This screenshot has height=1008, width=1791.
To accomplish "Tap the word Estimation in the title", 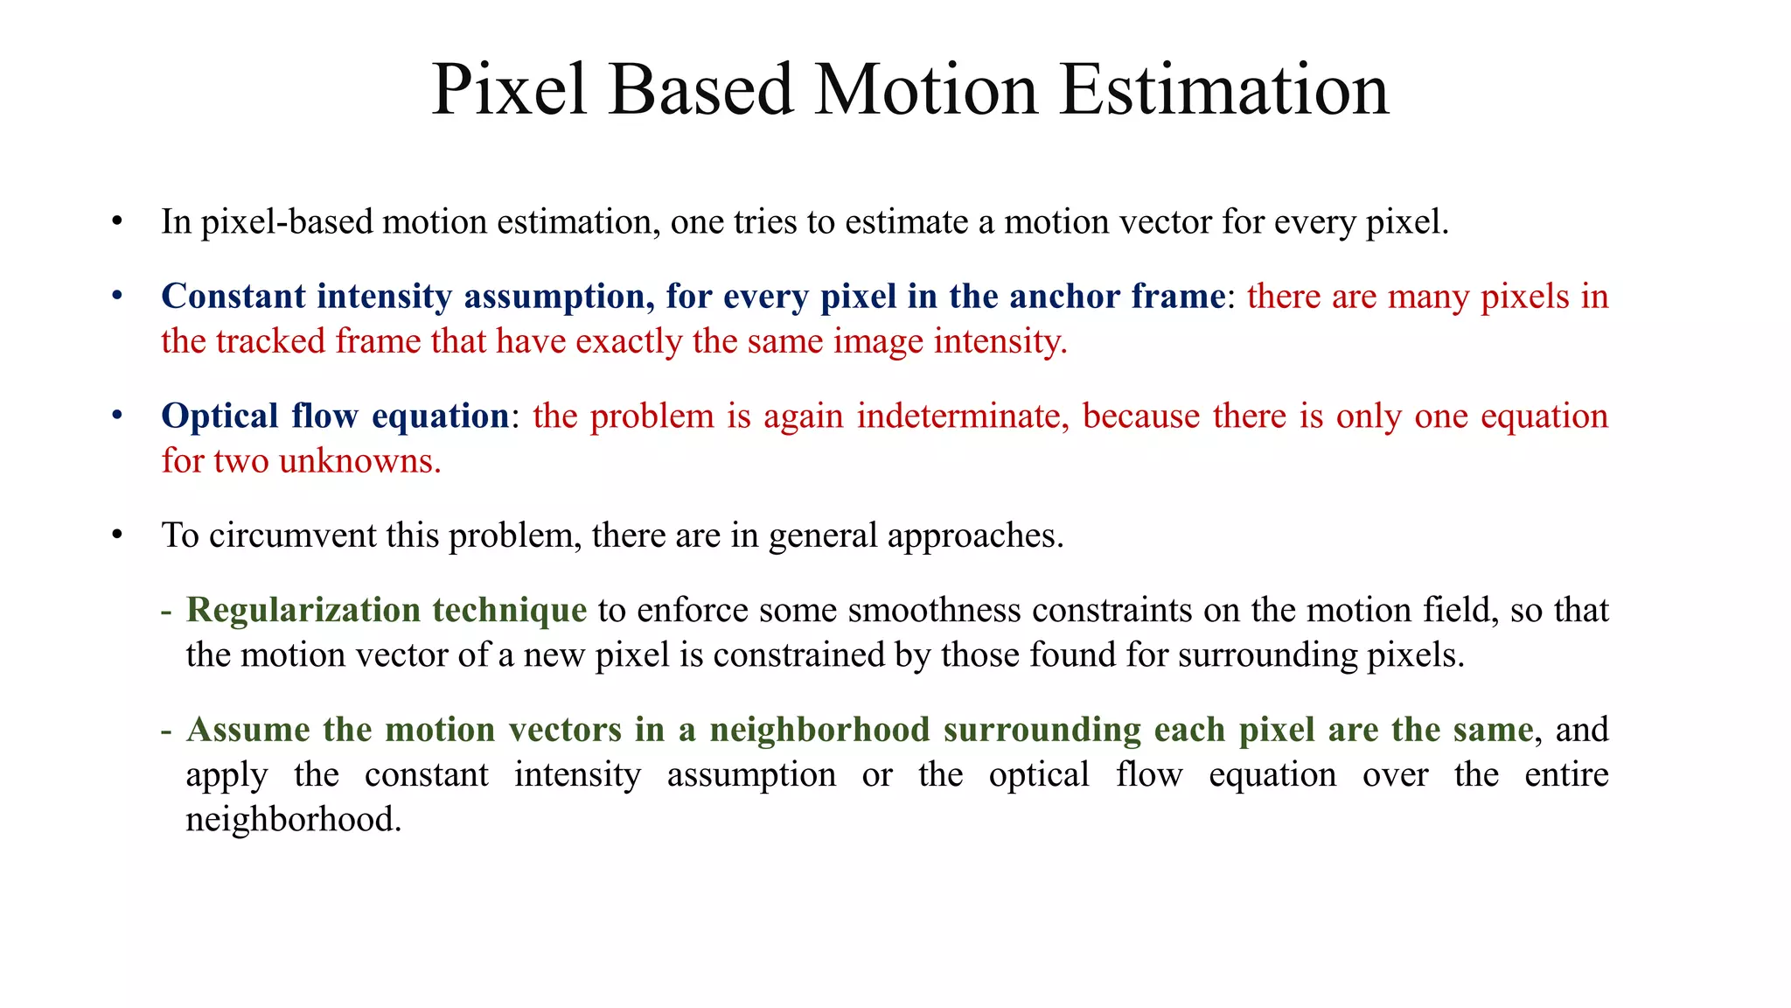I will pos(1223,90).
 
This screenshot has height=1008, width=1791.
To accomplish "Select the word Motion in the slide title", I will pos(925,90).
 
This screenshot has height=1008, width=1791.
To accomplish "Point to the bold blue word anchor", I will pos(1064,297).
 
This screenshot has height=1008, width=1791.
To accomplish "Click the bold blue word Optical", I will pos(220,416).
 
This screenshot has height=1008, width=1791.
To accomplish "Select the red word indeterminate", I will pos(963,416).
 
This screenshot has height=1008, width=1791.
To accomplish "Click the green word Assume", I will pos(248,730).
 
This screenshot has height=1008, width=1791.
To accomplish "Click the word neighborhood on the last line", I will pos(293,820).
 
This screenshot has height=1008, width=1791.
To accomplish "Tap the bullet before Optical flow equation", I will pos(117,416).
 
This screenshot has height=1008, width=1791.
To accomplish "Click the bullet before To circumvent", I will pos(117,535).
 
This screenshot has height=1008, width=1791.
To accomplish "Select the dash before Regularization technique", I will pos(166,611).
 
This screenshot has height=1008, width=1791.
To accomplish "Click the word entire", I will pos(1566,775).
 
